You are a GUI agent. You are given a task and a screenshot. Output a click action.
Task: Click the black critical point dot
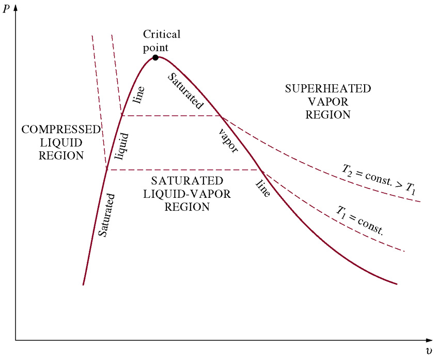(x=155, y=57)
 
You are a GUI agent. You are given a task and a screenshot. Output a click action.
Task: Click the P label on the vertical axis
(x=6, y=9)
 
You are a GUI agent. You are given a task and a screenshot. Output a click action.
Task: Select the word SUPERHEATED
(x=328, y=89)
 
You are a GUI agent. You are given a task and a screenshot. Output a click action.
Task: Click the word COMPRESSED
(x=60, y=130)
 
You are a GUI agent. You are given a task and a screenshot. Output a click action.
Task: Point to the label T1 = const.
(x=361, y=220)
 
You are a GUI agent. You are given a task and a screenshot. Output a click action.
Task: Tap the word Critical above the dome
(x=162, y=35)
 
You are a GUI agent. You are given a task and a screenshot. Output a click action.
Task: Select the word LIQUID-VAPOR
(x=187, y=194)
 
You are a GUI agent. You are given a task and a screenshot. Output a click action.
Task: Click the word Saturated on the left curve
(x=107, y=215)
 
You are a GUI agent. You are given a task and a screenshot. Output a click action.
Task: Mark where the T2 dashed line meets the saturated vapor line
(x=221, y=116)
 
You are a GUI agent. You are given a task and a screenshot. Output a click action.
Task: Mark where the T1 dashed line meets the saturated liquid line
(x=106, y=170)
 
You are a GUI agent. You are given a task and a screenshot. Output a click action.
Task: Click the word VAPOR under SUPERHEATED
(x=328, y=102)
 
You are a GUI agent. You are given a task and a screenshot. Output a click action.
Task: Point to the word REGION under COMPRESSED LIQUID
(x=61, y=155)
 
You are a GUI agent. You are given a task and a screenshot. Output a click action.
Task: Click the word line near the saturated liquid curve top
(x=138, y=95)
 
